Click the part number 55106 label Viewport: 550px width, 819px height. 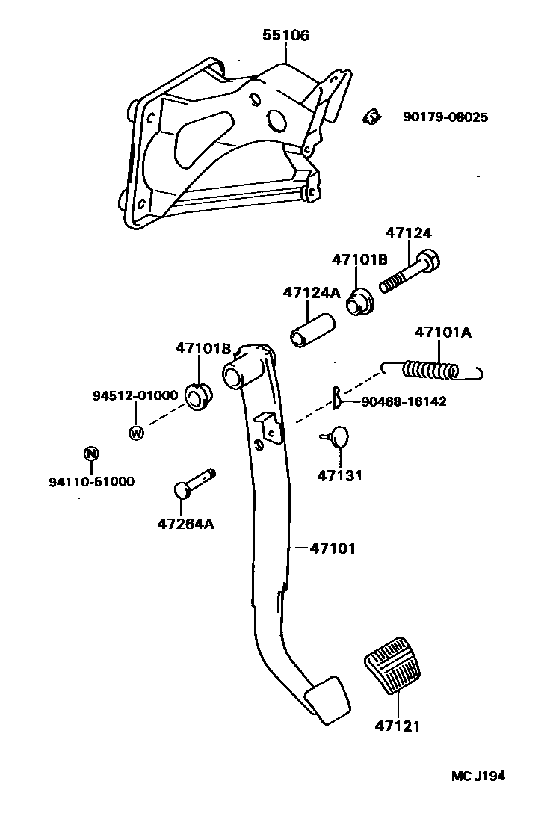coord(285,35)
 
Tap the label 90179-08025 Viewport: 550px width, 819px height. coord(445,117)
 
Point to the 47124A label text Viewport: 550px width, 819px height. coord(311,292)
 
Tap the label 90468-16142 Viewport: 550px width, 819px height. coord(403,401)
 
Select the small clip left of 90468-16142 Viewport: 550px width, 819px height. coord(338,399)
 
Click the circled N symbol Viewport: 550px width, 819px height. coord(90,453)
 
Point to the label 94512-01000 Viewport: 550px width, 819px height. coord(135,395)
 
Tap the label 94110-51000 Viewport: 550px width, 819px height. coord(91,481)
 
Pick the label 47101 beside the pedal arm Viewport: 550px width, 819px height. coord(333,548)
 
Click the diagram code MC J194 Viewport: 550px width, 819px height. coord(478,776)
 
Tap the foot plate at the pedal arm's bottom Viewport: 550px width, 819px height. coord(327,700)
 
